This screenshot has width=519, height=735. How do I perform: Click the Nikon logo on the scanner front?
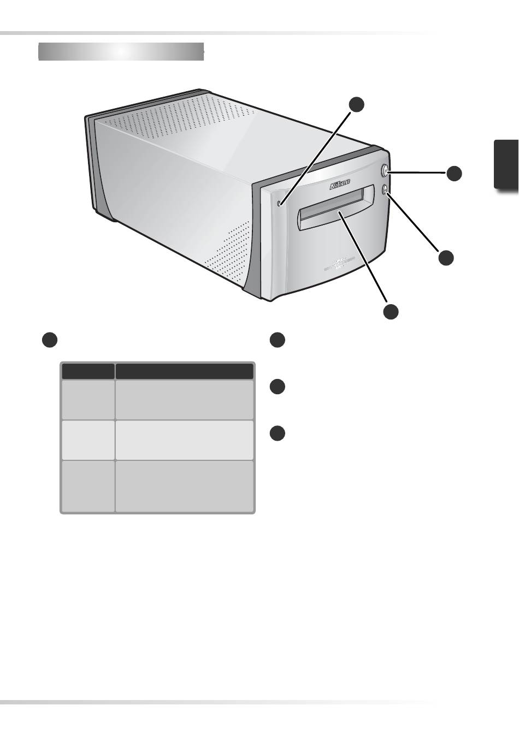tap(340, 185)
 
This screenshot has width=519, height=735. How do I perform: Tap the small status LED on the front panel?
tap(279, 204)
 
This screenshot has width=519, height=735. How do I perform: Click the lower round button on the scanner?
tap(385, 189)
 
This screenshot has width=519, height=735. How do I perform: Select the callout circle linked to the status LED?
tap(356, 104)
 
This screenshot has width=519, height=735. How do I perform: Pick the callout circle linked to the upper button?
tap(453, 173)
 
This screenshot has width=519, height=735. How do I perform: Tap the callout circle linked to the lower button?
tap(446, 258)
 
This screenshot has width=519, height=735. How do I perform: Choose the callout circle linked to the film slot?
tap(391, 311)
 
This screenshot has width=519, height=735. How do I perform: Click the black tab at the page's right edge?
tap(506, 164)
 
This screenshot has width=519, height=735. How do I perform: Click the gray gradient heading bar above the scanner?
tap(121, 51)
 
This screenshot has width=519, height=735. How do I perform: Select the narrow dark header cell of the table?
tap(88, 371)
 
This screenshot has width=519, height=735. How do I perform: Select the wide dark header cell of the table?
tap(184, 371)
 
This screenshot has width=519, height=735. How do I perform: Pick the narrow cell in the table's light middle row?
tap(88, 440)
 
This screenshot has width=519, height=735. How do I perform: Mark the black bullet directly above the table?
tap(50, 340)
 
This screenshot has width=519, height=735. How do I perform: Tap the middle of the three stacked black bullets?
tap(278, 387)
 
